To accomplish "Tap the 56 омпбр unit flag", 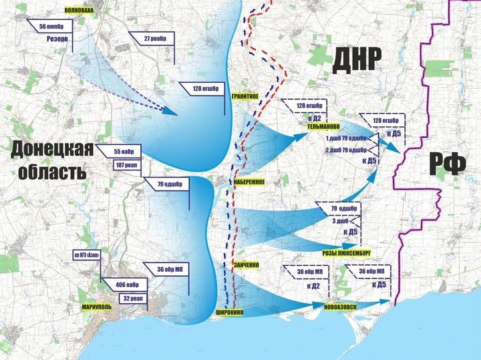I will click(x=51, y=27).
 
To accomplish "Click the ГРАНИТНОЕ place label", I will click(x=245, y=96).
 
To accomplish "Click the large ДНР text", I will click(x=356, y=61).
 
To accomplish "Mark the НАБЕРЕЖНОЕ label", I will click(x=249, y=182).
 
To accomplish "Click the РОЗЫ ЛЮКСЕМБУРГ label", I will click(x=346, y=253).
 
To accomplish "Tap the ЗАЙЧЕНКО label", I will click(x=246, y=265).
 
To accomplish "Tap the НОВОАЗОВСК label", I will click(x=341, y=307).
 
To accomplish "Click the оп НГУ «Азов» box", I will click(x=91, y=256).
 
